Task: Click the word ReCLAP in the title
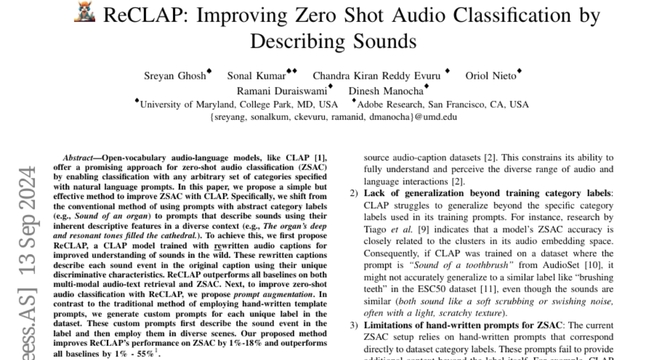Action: [138, 15]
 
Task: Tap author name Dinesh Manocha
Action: [385, 91]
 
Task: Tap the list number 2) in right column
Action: [354, 193]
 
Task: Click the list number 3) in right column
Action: [354, 325]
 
